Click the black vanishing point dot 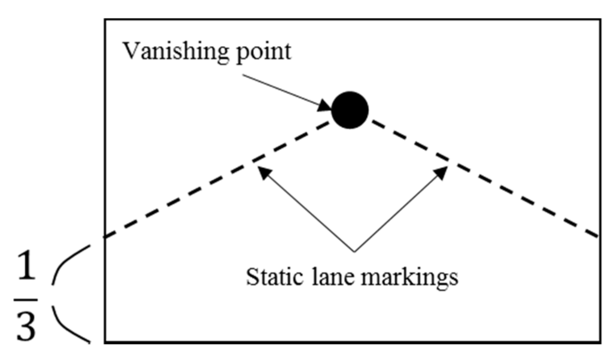point(350,110)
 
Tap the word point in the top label point(263,53)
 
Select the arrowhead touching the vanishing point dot point(326,107)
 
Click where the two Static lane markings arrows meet point(354,250)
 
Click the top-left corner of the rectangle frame point(106,20)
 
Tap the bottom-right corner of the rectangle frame point(599,342)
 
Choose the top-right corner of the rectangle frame point(599,20)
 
